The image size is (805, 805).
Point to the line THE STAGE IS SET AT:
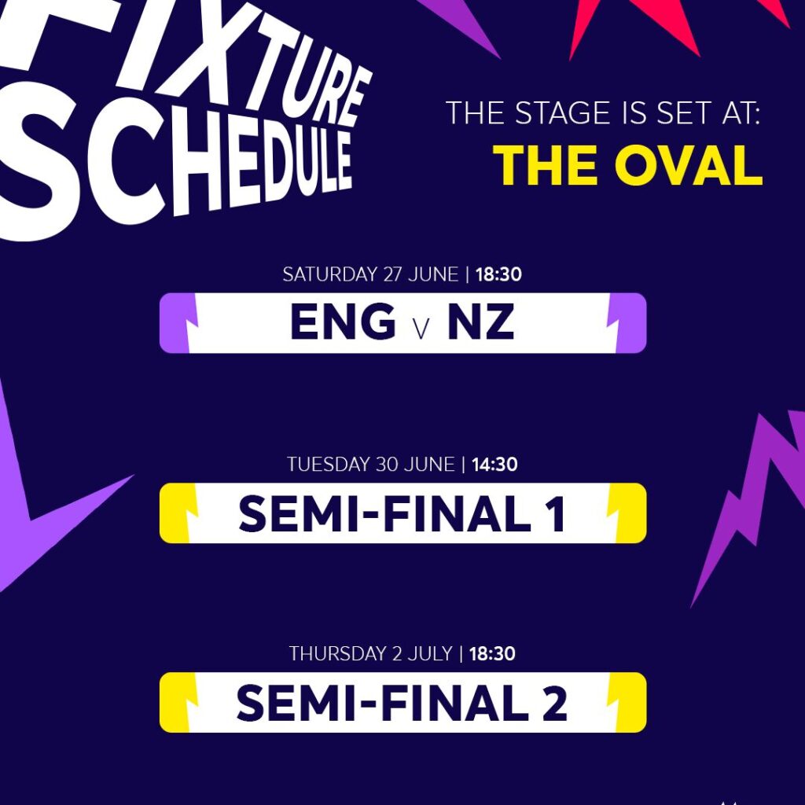604,113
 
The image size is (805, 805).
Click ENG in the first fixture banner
343,323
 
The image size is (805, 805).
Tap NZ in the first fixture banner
480,323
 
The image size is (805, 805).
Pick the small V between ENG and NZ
421,327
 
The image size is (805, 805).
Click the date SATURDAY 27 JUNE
369,275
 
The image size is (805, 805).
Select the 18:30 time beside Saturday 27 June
499,275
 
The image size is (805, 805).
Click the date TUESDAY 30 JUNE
370,465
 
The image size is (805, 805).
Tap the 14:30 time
494,465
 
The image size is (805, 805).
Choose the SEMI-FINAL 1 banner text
402,513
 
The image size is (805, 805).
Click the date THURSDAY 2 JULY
370,653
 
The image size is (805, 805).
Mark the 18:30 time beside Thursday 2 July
492,653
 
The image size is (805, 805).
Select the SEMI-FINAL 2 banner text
402,703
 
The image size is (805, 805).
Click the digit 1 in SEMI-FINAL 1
556,513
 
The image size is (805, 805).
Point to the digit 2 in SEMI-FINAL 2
555,703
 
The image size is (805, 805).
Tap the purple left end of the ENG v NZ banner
172,323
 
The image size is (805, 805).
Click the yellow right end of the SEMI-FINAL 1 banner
632,513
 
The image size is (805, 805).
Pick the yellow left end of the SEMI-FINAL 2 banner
172,703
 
